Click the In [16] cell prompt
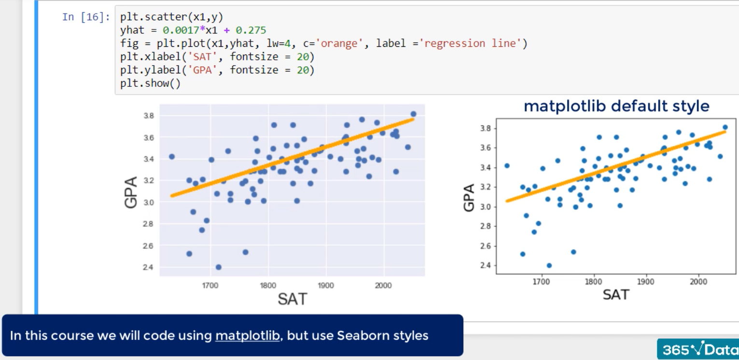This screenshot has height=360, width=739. tap(86, 17)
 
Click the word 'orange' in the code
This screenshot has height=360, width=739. tap(341, 43)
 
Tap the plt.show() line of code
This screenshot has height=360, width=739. tap(151, 83)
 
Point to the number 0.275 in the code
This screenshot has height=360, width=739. tap(251, 30)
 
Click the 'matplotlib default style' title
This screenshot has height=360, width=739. tap(616, 106)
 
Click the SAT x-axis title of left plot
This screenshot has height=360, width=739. tap(292, 299)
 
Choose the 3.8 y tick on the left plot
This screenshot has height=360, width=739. tap(149, 116)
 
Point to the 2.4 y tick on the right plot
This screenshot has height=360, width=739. tap(486, 265)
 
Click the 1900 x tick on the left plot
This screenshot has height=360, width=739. tap(326, 286)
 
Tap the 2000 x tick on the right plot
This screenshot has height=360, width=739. tap(698, 282)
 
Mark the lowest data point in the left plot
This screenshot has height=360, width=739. tap(218, 267)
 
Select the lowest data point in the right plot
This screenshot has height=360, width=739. tap(549, 265)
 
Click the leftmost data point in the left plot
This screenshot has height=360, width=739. tap(171, 156)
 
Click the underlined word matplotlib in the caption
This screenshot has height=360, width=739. tap(247, 335)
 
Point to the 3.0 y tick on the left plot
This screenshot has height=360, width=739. tap(149, 202)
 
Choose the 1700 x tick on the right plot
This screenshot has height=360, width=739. tap(541, 282)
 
